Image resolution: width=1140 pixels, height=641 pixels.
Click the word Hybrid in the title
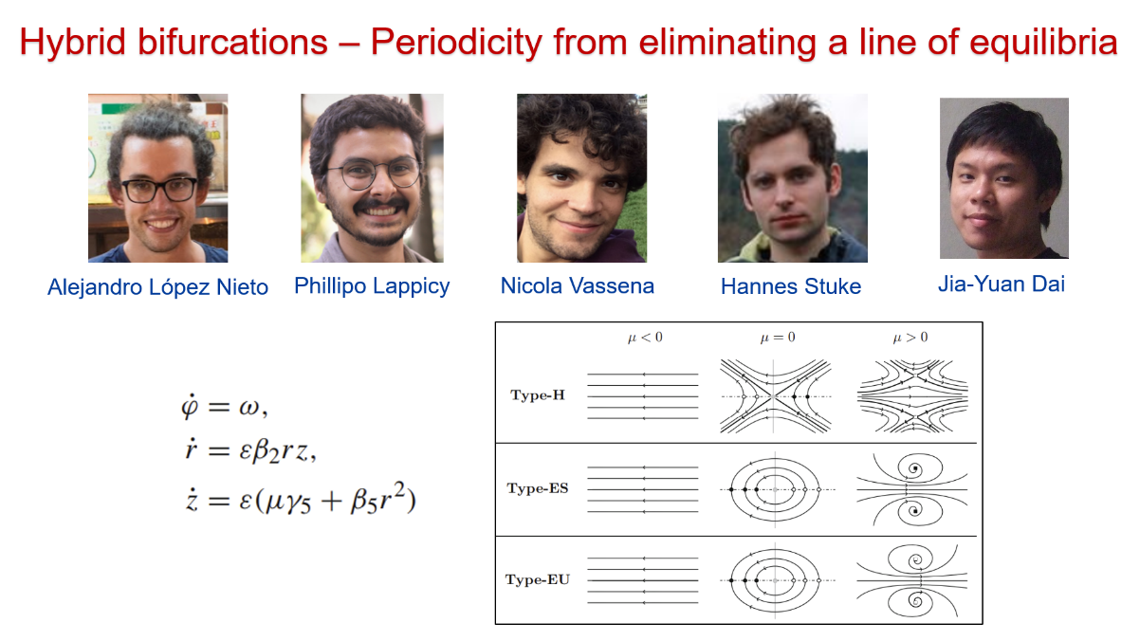click(x=72, y=44)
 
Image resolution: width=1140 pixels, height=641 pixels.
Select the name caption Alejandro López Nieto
click(x=157, y=287)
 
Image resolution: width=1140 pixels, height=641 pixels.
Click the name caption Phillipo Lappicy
click(x=372, y=286)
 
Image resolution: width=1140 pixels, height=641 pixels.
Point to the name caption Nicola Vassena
click(x=578, y=285)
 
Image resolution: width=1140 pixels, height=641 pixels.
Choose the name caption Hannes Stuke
click(x=791, y=286)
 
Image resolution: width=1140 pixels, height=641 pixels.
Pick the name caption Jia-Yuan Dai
click(x=1002, y=284)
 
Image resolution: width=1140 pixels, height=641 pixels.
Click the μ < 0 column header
click(x=645, y=338)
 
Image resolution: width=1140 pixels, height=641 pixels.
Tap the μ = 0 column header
click(x=777, y=338)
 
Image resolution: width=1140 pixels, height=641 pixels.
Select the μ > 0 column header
click(x=910, y=338)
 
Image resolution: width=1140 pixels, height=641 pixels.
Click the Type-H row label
click(x=538, y=395)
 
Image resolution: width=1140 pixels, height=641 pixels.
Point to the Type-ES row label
click(x=538, y=488)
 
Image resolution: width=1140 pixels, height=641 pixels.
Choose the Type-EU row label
click(x=538, y=580)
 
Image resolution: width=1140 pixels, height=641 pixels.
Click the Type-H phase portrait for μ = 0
click(x=775, y=396)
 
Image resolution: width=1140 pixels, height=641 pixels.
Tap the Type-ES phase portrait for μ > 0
click(x=912, y=489)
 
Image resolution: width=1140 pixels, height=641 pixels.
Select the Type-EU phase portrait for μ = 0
click(x=776, y=580)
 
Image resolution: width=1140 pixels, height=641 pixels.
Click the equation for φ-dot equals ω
click(x=225, y=408)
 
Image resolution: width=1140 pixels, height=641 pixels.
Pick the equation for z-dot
click(x=301, y=500)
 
